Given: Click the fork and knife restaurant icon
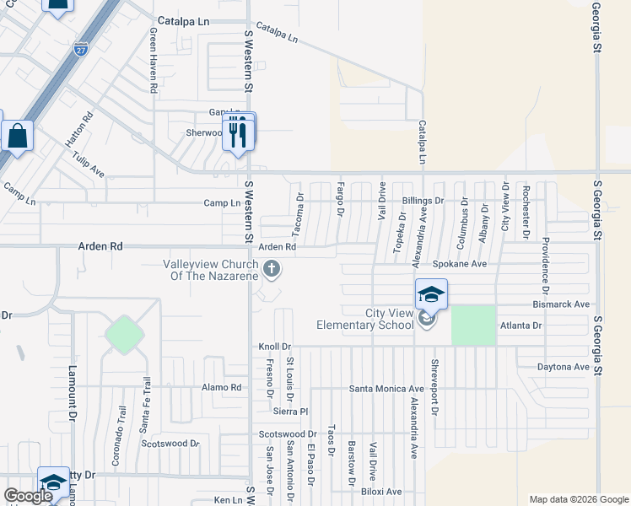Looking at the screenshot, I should (238, 133).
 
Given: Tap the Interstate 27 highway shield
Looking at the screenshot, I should (80, 50).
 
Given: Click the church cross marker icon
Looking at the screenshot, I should (272, 269).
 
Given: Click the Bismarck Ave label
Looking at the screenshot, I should (561, 304).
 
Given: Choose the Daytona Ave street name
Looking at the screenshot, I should (564, 367).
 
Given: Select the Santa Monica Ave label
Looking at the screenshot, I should (387, 389).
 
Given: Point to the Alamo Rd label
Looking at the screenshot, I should (222, 388).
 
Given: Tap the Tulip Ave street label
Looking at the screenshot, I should (88, 164).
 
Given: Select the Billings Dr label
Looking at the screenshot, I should (422, 201).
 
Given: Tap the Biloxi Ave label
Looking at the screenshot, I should (381, 492).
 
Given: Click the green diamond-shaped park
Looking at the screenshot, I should (124, 335).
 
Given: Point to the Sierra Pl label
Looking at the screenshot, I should (293, 412).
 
